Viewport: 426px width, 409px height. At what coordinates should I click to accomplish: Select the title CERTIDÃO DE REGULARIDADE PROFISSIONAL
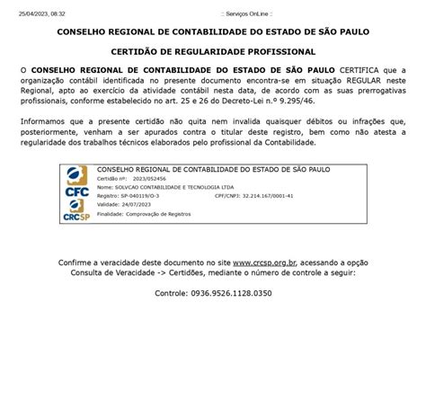click(213, 52)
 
